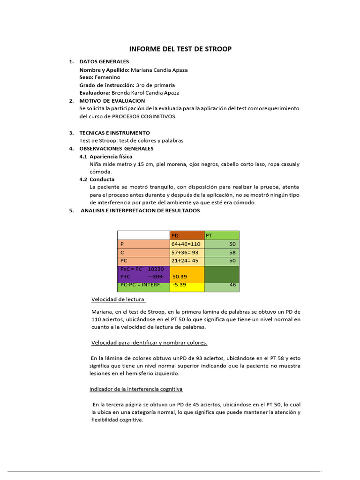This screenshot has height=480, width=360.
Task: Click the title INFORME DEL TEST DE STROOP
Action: (x=180, y=49)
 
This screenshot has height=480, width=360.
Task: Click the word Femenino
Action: (x=108, y=77)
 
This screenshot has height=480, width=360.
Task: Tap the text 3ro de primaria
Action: (x=155, y=85)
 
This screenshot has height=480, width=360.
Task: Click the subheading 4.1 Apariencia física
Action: (x=106, y=157)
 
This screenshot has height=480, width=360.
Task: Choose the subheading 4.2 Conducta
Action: (x=97, y=180)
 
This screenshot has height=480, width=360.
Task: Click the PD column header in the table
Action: (x=176, y=236)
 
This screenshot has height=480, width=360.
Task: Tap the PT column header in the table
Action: (x=209, y=236)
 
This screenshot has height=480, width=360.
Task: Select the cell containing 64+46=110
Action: (x=186, y=244)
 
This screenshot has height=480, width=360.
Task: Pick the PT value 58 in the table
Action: (x=232, y=252)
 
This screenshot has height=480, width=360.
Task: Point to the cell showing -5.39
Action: (x=180, y=285)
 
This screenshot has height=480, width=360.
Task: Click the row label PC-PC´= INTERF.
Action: (x=141, y=285)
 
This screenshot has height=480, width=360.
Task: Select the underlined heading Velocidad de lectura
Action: (x=118, y=300)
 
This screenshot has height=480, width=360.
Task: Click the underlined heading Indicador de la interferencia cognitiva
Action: (x=136, y=389)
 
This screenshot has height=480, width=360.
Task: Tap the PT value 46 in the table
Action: (x=232, y=285)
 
